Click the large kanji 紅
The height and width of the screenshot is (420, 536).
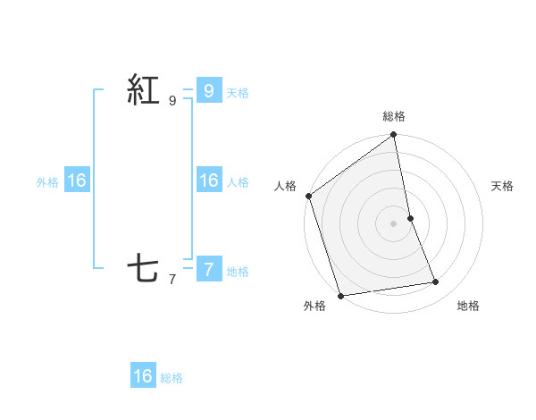(x=143, y=91)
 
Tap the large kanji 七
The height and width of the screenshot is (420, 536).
(x=143, y=269)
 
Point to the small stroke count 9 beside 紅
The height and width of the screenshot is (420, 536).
(x=172, y=101)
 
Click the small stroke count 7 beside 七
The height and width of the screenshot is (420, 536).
(x=172, y=279)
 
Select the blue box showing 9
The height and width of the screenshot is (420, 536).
(x=209, y=90)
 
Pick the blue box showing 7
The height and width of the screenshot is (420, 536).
(x=209, y=269)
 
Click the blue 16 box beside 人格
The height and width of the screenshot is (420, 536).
(x=209, y=181)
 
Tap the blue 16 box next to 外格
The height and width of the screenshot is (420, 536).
(x=77, y=181)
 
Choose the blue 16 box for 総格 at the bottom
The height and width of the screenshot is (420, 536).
(x=143, y=376)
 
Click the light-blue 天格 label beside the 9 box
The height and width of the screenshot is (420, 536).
(x=238, y=93)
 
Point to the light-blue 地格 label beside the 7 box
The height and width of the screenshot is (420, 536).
(x=238, y=272)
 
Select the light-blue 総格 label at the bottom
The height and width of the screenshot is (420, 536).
(x=172, y=379)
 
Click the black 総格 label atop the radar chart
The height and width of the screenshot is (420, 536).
(x=394, y=116)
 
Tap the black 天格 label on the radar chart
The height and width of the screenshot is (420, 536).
(x=502, y=186)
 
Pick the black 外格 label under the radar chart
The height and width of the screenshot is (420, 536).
(x=314, y=306)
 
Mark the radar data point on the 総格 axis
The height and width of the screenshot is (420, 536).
(x=394, y=136)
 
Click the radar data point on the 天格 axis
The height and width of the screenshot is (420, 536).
(x=410, y=218)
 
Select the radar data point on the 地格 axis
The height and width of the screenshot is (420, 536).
(x=436, y=282)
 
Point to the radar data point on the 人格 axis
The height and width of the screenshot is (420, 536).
(x=308, y=196)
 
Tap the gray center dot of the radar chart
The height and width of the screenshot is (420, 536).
(x=394, y=223)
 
